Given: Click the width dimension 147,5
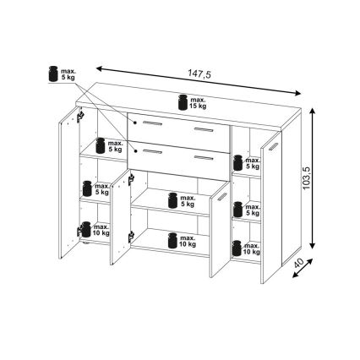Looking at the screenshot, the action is pyautogui.click(x=199, y=74).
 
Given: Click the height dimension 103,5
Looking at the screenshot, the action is pyautogui.click(x=307, y=178).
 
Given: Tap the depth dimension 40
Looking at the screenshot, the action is pyautogui.click(x=298, y=263).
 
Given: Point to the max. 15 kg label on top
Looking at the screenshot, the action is pyautogui.click(x=199, y=103).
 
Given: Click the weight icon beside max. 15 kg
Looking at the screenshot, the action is pyautogui.click(x=183, y=102).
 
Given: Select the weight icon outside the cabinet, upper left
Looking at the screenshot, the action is pyautogui.click(x=53, y=74).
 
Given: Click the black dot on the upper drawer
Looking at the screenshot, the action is pyautogui.click(x=135, y=123).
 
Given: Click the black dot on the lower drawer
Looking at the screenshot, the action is pyautogui.click(x=135, y=151).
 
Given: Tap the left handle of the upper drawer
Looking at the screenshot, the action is pyautogui.click(x=152, y=123).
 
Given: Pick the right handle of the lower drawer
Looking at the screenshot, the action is pyautogui.click(x=203, y=158).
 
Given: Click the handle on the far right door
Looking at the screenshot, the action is pyautogui.click(x=273, y=146).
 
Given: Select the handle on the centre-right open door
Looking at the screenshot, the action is pyautogui.click(x=222, y=197).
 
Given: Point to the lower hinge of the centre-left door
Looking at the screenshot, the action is pyautogui.click(x=131, y=237).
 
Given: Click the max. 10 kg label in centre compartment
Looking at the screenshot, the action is pyautogui.click(x=188, y=241).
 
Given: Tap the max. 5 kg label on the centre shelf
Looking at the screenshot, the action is pyautogui.click(x=188, y=200).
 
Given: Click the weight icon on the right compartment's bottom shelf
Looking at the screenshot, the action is pyautogui.click(x=237, y=248).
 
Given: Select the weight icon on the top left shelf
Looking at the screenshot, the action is pyautogui.click(x=101, y=145).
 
